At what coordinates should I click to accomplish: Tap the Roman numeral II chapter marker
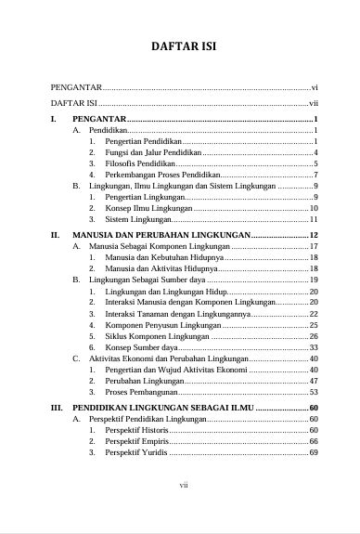click(55, 237)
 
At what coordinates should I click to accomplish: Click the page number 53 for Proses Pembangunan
click(314, 393)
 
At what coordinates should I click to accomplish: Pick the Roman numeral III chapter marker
click(56, 408)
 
